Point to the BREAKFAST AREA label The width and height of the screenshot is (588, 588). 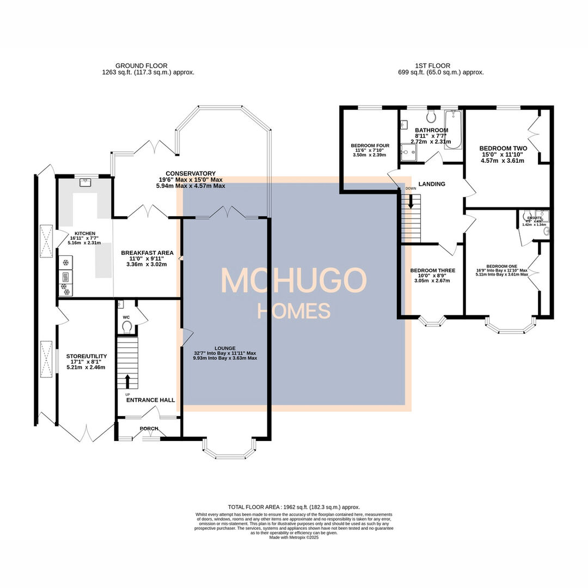(x=147, y=253)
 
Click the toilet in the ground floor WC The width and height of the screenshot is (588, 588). (x=127, y=326)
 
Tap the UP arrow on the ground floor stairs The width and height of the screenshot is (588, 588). (x=128, y=380)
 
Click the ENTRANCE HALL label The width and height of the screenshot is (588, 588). (x=150, y=400)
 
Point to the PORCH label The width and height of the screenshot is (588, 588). (x=149, y=428)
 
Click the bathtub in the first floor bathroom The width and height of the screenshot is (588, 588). (x=453, y=130)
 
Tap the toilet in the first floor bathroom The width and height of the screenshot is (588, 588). (x=431, y=116)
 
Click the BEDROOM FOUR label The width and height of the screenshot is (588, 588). (x=370, y=146)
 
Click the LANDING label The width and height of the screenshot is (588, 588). (x=431, y=184)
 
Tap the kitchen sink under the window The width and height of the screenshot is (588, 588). (x=84, y=183)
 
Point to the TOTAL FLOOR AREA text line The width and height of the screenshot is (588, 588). (x=293, y=507)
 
